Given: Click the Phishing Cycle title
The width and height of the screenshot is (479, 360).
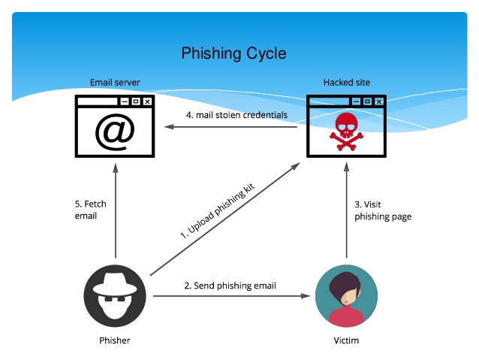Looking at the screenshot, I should (x=233, y=53).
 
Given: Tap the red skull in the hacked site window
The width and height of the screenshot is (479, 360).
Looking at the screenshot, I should (x=346, y=129).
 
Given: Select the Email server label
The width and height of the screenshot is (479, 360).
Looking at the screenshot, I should (x=115, y=82).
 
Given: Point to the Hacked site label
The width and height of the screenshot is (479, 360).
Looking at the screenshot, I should (x=346, y=82).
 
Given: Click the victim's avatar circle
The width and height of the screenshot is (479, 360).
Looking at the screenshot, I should (x=346, y=297).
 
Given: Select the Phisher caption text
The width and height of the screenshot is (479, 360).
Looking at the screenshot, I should (x=115, y=340).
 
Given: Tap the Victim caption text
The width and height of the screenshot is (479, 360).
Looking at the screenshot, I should (x=346, y=340).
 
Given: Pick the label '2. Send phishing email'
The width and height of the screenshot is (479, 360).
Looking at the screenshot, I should (x=230, y=286).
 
